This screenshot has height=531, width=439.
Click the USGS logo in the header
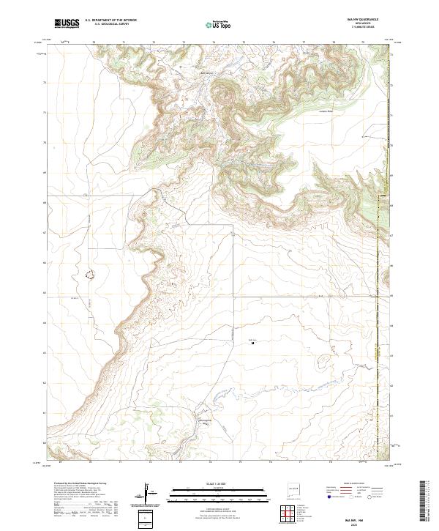tap(67, 23)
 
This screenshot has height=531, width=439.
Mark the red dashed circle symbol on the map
tap(91, 275)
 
